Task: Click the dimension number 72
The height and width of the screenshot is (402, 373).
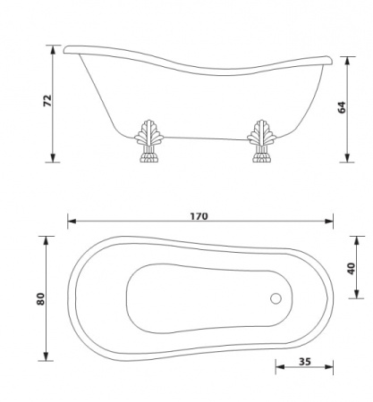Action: pyautogui.click(x=47, y=101)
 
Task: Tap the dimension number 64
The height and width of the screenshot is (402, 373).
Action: pyautogui.click(x=342, y=107)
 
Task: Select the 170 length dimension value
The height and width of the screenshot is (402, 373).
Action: pyautogui.click(x=199, y=216)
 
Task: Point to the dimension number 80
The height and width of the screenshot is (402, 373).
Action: pyautogui.click(x=40, y=298)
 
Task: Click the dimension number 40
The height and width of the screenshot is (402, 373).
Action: pyautogui.click(x=352, y=269)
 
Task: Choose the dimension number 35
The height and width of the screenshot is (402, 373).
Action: pyautogui.click(x=305, y=362)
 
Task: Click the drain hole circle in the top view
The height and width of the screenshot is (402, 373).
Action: pyautogui.click(x=276, y=298)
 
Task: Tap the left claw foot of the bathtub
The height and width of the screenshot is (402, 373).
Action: pyautogui.click(x=148, y=141)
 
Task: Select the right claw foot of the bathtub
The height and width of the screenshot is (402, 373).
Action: pyautogui.click(x=262, y=141)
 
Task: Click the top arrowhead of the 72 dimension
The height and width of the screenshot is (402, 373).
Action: pyautogui.click(x=53, y=49)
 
